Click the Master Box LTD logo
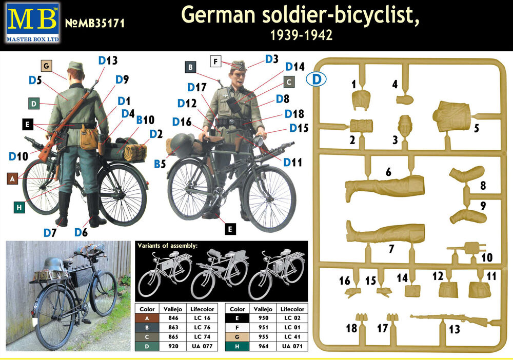point(33,23)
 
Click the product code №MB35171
point(95,23)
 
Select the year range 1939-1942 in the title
point(301,35)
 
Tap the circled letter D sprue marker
point(316,79)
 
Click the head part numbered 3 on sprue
point(405,126)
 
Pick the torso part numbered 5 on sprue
point(452,116)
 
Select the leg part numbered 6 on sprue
point(384,187)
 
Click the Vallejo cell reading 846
point(173,318)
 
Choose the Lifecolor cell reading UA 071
point(292,346)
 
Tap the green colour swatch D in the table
point(147,346)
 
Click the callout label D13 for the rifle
point(108,61)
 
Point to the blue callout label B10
point(145,120)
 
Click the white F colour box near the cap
point(215,61)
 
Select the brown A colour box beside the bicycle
point(12,178)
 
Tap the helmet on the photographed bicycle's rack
point(55,265)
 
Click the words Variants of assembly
point(168,246)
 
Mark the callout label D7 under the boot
point(50,233)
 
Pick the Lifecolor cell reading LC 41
point(292,337)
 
